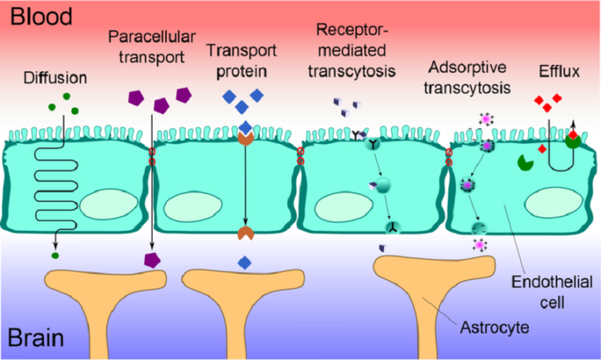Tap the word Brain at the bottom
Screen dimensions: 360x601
36,340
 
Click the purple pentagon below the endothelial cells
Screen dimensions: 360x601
152,260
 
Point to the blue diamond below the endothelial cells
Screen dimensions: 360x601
246,262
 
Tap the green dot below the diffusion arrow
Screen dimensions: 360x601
55,255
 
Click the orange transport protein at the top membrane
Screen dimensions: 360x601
246,139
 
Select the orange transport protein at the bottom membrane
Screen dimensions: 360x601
246,232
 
